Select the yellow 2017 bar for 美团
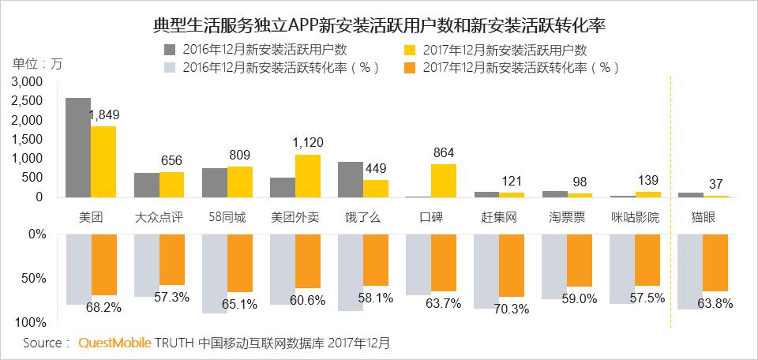click(103, 162)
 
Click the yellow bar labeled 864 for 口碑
click(443, 180)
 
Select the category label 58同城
click(227, 216)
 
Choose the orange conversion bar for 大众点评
click(172, 259)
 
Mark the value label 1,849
click(103, 115)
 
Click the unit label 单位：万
click(36, 64)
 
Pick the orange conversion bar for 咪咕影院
click(647, 259)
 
